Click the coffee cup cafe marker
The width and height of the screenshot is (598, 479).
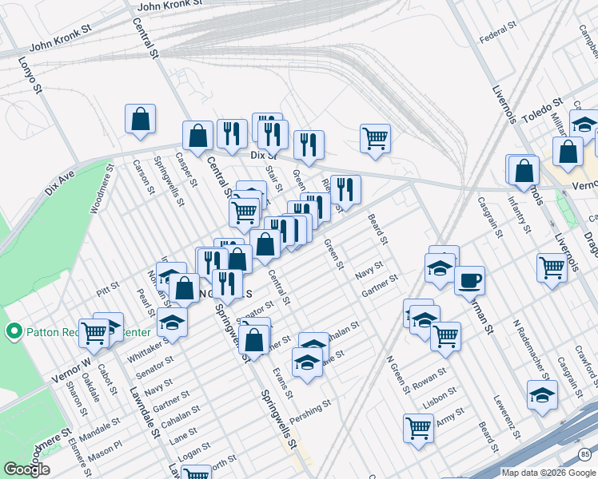469,280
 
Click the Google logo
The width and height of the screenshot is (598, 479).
26,469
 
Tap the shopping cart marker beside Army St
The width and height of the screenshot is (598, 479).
418,428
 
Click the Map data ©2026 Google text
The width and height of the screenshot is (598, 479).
548,473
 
